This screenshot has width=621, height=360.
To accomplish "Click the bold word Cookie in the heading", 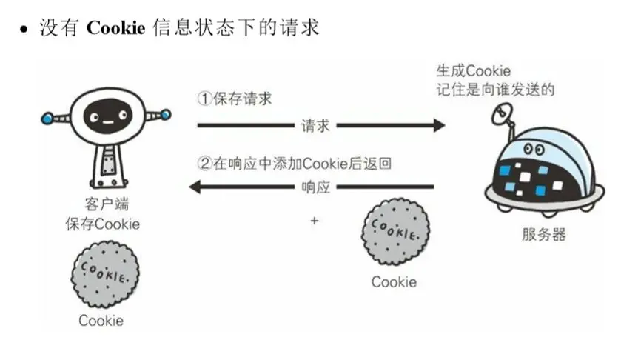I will [114, 28].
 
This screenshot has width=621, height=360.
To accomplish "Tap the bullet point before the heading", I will [24, 30].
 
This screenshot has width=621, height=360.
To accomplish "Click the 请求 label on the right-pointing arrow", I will [315, 125].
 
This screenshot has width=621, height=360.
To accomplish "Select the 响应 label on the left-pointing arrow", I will [315, 187].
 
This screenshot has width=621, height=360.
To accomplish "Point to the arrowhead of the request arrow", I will [439, 125].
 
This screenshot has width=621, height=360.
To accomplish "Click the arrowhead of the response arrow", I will [196, 187].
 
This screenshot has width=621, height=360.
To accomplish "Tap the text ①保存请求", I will [234, 98].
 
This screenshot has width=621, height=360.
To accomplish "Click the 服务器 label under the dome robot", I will [543, 235].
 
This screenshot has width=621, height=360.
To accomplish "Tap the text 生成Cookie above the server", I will [474, 72].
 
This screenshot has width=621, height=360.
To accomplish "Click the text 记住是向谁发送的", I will [495, 90].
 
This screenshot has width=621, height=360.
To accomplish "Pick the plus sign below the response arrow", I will [315, 220].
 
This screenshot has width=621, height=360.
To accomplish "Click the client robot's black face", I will [104, 114].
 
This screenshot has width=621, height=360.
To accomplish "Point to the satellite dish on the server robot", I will [503, 111].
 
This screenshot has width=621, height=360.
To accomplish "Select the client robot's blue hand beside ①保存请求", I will [165, 115].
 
